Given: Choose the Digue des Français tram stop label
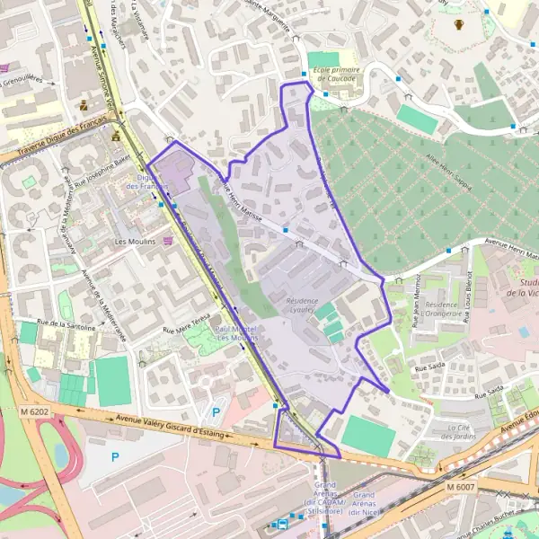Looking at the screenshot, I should (x=146, y=181).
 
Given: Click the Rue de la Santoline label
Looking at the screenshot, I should (x=66, y=326).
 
